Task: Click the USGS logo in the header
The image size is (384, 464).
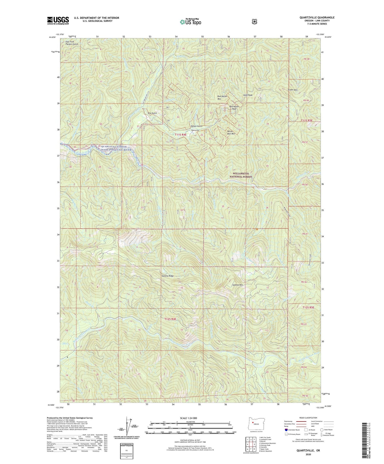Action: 58,20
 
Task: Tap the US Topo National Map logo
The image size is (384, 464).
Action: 190,22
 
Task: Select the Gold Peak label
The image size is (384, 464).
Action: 247,95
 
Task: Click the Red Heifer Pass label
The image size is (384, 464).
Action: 234,108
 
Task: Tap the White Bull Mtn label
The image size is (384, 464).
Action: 231,133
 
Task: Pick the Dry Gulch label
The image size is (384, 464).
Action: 152,113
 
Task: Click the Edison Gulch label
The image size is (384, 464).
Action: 196,126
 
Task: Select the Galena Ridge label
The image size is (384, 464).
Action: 167,276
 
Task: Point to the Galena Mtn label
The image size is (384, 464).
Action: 238,285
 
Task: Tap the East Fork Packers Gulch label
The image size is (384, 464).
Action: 72,43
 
